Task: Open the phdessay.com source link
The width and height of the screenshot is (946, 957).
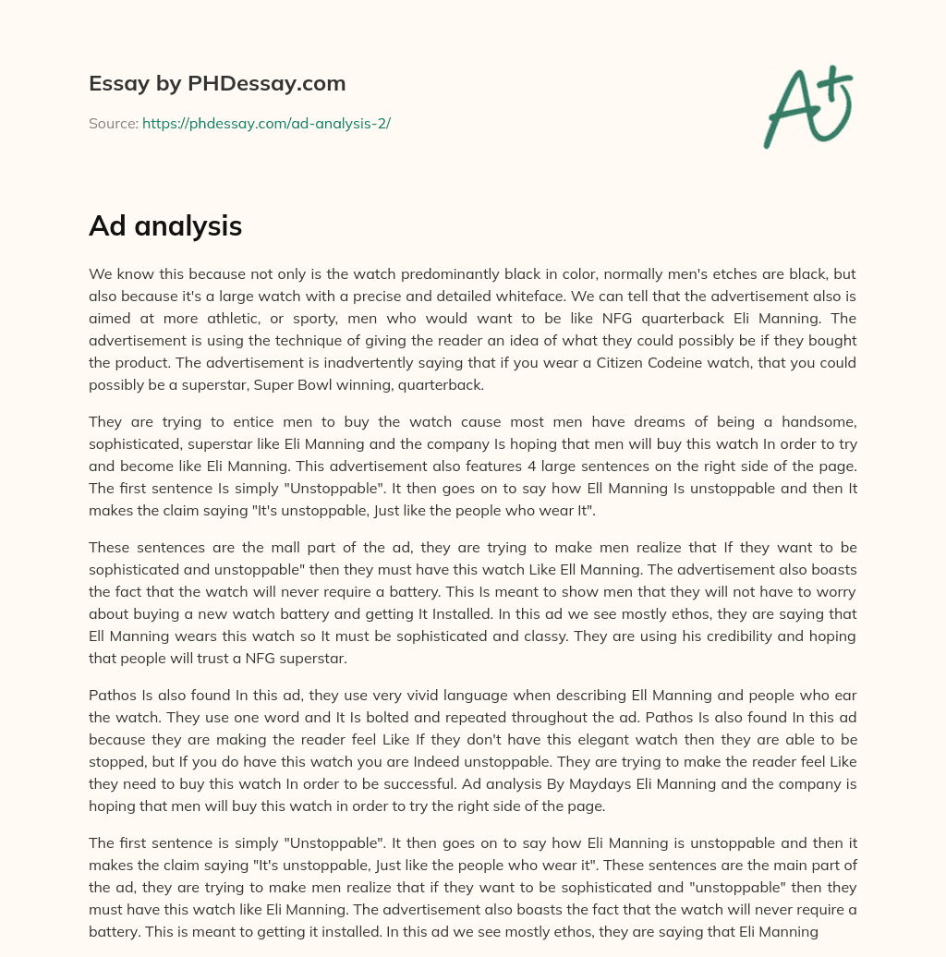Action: [266, 123]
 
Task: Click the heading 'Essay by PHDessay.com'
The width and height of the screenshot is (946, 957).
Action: [217, 83]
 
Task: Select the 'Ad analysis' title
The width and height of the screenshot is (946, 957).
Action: [165, 225]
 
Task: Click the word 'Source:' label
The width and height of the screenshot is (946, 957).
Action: [113, 123]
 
